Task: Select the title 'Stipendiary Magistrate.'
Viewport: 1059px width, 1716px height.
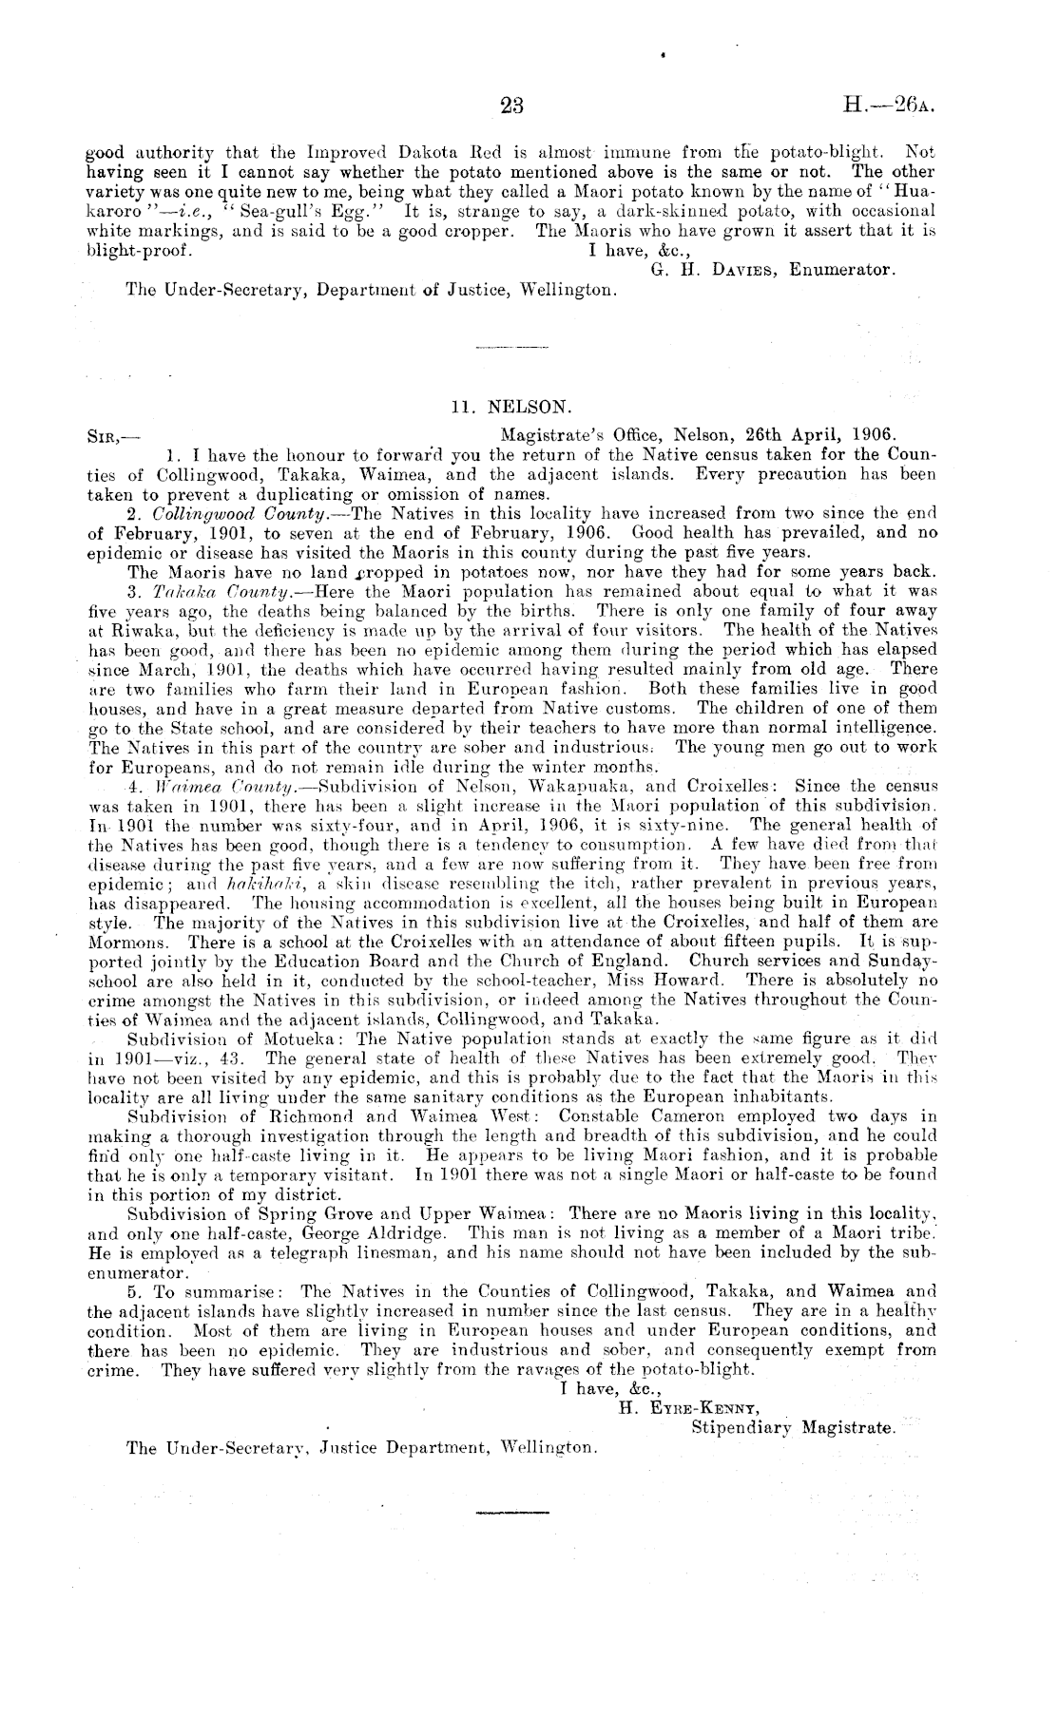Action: click(x=792, y=1427)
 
